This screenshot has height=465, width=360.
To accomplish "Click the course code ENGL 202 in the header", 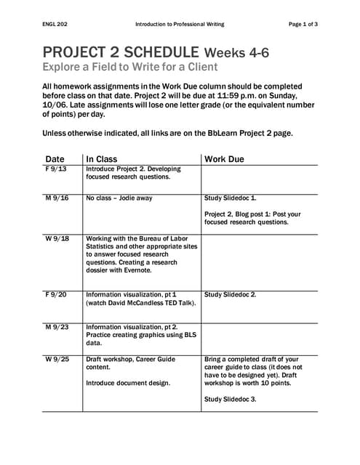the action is [55, 24].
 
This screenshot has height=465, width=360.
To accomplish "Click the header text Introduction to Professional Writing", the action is [180, 24].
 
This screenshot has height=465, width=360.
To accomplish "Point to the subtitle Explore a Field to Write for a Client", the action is [130, 68].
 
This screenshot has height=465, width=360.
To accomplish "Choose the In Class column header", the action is [101, 159].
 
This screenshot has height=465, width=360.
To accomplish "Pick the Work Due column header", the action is [224, 159].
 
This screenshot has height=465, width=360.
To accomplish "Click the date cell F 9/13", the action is [55, 169].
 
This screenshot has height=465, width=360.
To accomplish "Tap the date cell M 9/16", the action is [56, 198].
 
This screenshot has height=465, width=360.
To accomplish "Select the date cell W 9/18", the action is [56, 238].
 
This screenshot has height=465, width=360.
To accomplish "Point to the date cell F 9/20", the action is [55, 294].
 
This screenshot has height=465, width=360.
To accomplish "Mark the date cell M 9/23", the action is [56, 327].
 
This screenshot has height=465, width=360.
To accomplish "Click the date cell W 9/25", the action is [56, 359].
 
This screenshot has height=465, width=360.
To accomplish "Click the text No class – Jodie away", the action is [119, 198].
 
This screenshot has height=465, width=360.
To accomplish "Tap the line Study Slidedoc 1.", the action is [231, 198].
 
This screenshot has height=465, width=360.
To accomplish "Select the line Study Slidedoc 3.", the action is [231, 399].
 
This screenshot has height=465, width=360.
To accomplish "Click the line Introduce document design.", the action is [128, 383].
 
